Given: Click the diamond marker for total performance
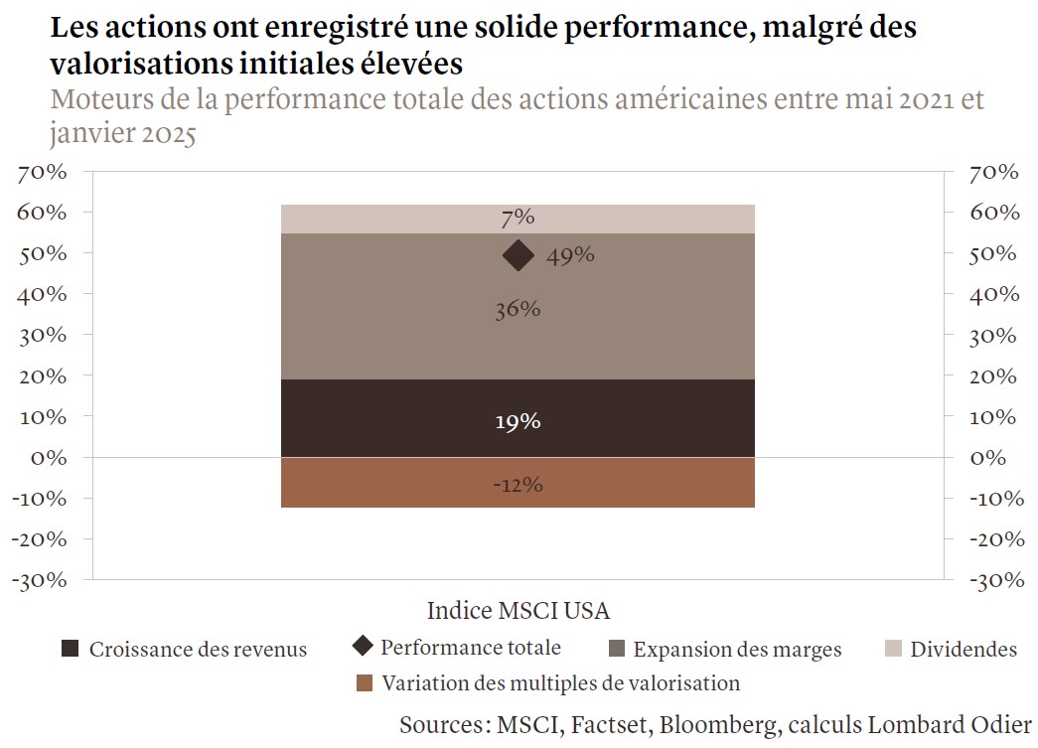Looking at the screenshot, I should tap(518, 255).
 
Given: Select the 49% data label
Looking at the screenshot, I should tap(570, 255).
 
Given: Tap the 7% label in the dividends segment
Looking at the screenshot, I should tap(518, 218).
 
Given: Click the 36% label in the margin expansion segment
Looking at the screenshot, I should tap(518, 310).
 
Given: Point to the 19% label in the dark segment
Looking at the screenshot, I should tap(518, 421).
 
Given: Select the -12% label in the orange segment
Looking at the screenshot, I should tap(518, 485).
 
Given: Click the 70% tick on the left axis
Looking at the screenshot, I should tap(42, 172).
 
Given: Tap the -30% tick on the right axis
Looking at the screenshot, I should tap(993, 580).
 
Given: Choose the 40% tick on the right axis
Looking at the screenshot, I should tap(994, 294).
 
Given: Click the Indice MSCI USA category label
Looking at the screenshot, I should tap(518, 609).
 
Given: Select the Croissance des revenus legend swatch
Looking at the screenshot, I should tap(70, 649).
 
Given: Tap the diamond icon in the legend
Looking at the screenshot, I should tap(363, 647).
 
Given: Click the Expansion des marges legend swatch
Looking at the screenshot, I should tap(616, 649).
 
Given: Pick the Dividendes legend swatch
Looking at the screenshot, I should tap(892, 649).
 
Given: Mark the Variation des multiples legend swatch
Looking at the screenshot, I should tap(364, 683).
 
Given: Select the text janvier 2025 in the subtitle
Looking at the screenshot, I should tap(121, 133).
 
